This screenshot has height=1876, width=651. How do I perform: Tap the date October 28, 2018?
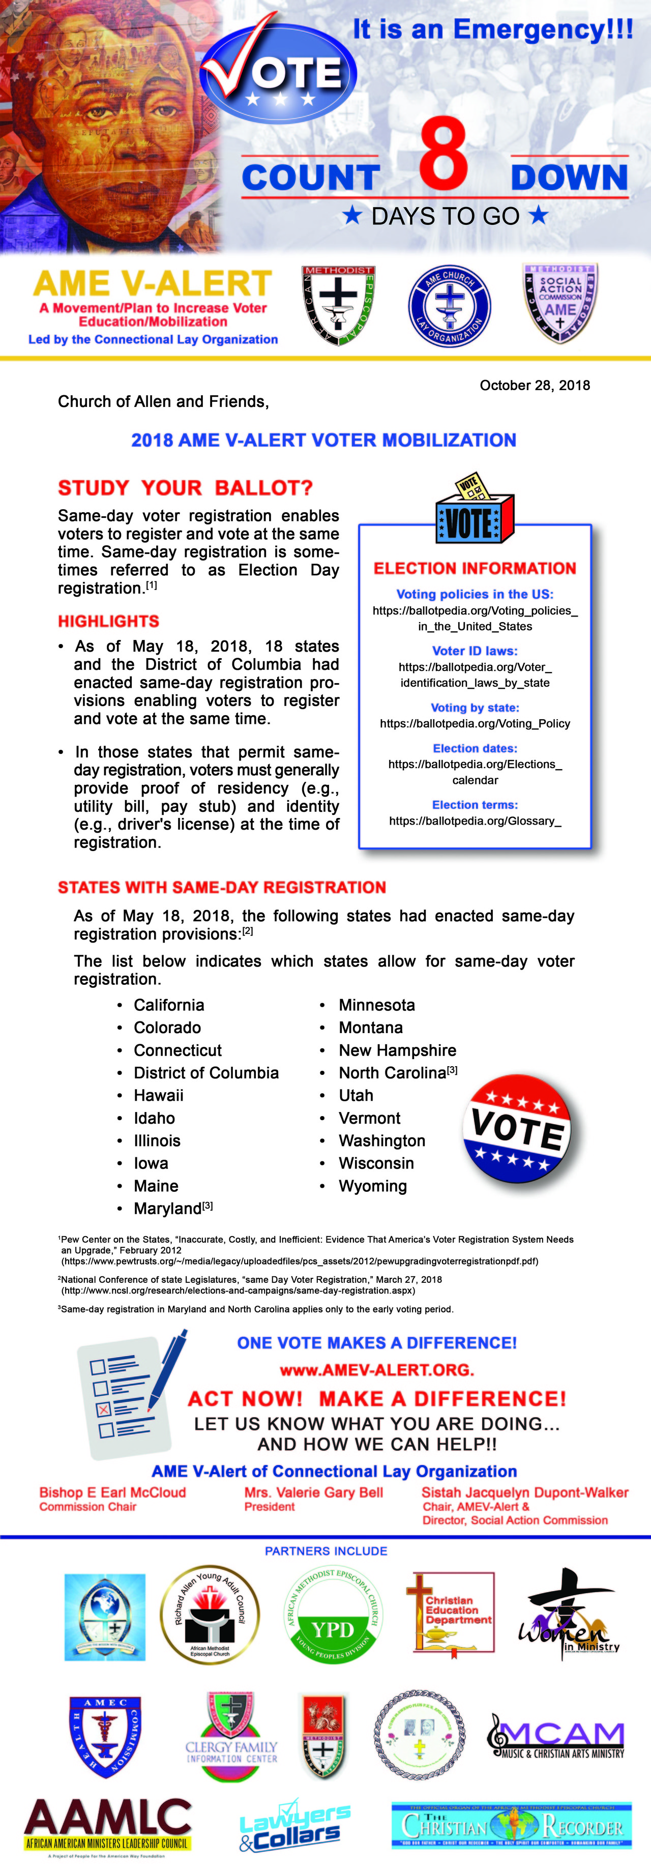click(535, 385)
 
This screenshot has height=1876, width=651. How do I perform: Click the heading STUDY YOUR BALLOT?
click(185, 487)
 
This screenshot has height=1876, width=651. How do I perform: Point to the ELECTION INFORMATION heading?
click(475, 568)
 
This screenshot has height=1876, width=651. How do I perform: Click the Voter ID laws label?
click(475, 650)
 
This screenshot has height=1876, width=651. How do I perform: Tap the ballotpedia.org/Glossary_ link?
click(475, 821)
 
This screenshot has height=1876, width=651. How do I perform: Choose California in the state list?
click(168, 1005)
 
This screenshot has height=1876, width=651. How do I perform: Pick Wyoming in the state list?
click(372, 1186)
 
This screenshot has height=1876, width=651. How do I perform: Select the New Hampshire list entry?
click(397, 1050)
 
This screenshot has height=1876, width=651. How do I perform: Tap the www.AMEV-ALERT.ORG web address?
click(376, 1370)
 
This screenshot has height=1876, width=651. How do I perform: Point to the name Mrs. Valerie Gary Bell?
click(313, 1492)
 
